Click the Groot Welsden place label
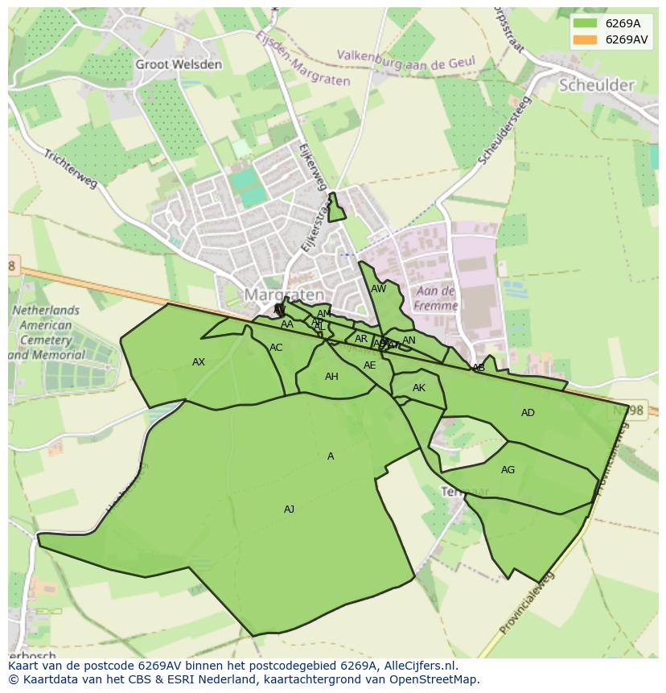(178, 64)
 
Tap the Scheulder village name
(597, 85)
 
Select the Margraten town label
(283, 295)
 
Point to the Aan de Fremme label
(435, 298)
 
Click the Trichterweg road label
(71, 169)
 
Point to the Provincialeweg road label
(527, 604)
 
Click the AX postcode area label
(199, 362)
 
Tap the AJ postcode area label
(289, 509)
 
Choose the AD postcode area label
(528, 413)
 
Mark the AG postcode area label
(508, 470)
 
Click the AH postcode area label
(331, 377)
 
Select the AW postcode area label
(378, 289)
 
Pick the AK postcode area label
(418, 388)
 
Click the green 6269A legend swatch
(585, 23)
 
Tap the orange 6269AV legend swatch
(585, 39)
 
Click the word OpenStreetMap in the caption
(434, 679)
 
